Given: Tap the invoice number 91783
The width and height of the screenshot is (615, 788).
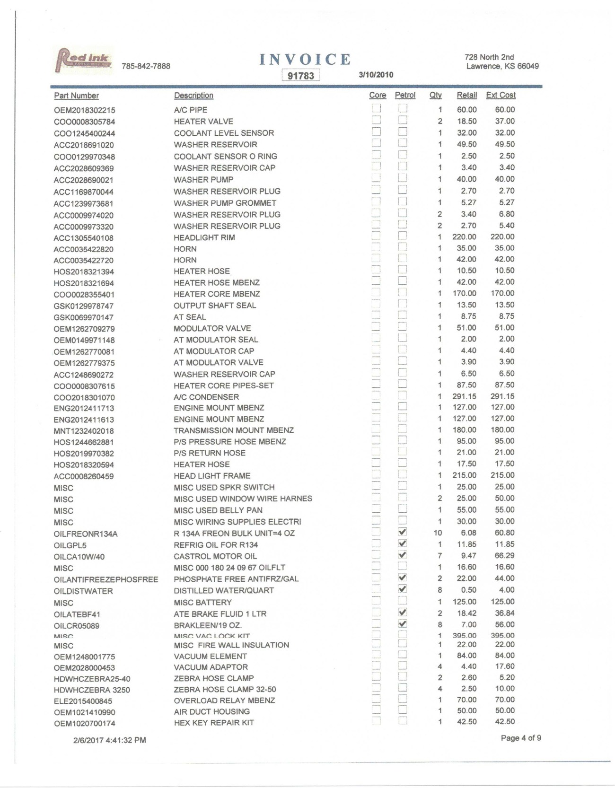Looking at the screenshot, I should tap(301, 76).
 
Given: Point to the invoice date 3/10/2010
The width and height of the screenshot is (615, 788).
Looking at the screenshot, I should tap(376, 75).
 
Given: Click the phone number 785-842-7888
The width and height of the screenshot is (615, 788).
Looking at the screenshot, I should tap(146, 66).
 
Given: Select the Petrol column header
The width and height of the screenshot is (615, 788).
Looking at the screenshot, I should tap(405, 95).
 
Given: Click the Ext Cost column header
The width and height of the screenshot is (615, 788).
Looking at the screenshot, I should tap(501, 95).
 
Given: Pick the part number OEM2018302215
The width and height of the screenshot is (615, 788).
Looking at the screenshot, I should tap(84, 110).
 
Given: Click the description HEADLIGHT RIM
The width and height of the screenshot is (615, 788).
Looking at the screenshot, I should tap(204, 237).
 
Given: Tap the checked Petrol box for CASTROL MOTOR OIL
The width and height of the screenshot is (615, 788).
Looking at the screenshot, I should tap(403, 555).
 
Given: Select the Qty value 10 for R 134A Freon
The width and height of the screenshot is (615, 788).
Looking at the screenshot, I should tap(438, 533).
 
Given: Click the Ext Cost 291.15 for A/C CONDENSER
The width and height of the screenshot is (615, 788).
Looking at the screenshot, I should tap(502, 396).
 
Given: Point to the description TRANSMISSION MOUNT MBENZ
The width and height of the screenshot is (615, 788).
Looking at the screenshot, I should tap(234, 430).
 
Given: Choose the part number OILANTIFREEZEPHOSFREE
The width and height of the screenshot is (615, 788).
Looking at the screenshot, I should tap(106, 579).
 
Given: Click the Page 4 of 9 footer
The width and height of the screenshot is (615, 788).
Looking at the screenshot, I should tap(521, 738).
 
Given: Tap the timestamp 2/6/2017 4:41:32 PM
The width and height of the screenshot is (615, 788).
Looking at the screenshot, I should tap(109, 740).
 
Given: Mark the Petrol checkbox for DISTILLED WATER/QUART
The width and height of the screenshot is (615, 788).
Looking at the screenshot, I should tap(403, 589).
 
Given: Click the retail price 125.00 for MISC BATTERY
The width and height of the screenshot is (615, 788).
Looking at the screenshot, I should tap(464, 602).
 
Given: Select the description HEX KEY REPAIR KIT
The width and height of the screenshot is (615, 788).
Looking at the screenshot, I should tap(214, 723).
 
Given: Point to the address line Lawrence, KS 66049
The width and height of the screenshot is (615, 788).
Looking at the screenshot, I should tap(502, 66).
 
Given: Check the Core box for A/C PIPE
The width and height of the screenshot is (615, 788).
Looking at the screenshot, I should tap(376, 108).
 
